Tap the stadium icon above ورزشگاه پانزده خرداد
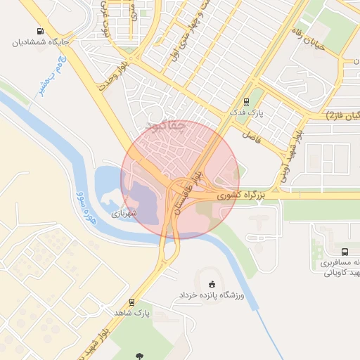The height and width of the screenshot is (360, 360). [212, 283]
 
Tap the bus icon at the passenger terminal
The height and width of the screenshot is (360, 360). [345, 251]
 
